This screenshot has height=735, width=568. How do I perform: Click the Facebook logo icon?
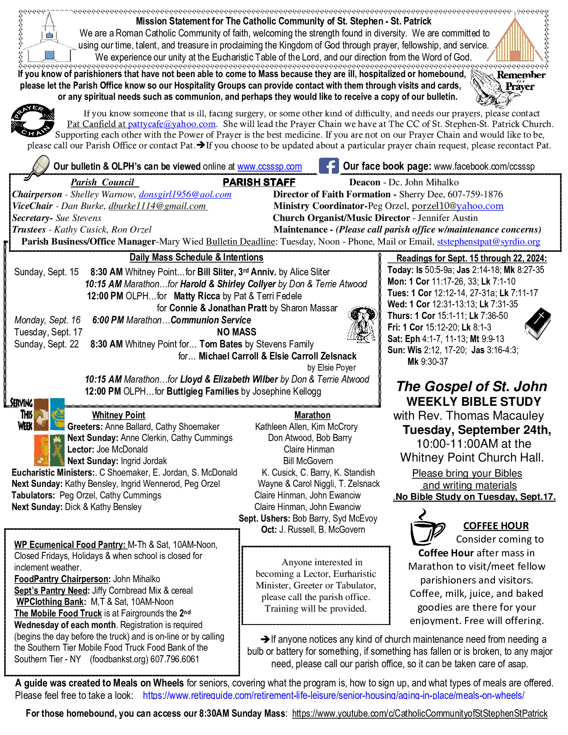pyautogui.click(x=329, y=166)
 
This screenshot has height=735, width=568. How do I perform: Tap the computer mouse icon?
pyautogui.click(x=38, y=167)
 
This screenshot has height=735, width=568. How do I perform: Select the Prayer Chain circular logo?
pyautogui.click(x=33, y=121)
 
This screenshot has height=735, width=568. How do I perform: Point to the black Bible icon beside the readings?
pyautogui.click(x=538, y=323)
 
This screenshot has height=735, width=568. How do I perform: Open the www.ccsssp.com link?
pyautogui.click(x=270, y=167)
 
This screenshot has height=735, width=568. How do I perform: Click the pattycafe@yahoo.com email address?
pyautogui.click(x=172, y=124)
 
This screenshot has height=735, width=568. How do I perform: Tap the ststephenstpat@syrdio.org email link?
pyautogui.click(x=488, y=241)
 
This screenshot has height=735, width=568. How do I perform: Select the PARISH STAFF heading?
pyautogui.click(x=259, y=182)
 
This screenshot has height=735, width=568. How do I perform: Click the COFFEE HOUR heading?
pyautogui.click(x=496, y=526)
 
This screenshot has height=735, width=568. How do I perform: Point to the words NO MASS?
pyautogui.click(x=237, y=332)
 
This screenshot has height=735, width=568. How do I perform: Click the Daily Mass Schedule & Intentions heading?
pyautogui.click(x=196, y=257)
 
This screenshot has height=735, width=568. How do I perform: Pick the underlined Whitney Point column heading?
pyautogui.click(x=119, y=415)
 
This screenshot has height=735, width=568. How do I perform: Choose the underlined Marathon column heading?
pyautogui.click(x=312, y=415)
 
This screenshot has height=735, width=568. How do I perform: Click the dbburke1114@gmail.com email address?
pyautogui.click(x=158, y=206)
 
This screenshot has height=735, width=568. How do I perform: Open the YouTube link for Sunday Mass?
pyautogui.click(x=420, y=713)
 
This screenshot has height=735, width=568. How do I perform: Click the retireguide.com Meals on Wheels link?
pyautogui.click(x=333, y=695)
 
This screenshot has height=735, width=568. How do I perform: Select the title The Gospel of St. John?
pyautogui.click(x=472, y=386)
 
